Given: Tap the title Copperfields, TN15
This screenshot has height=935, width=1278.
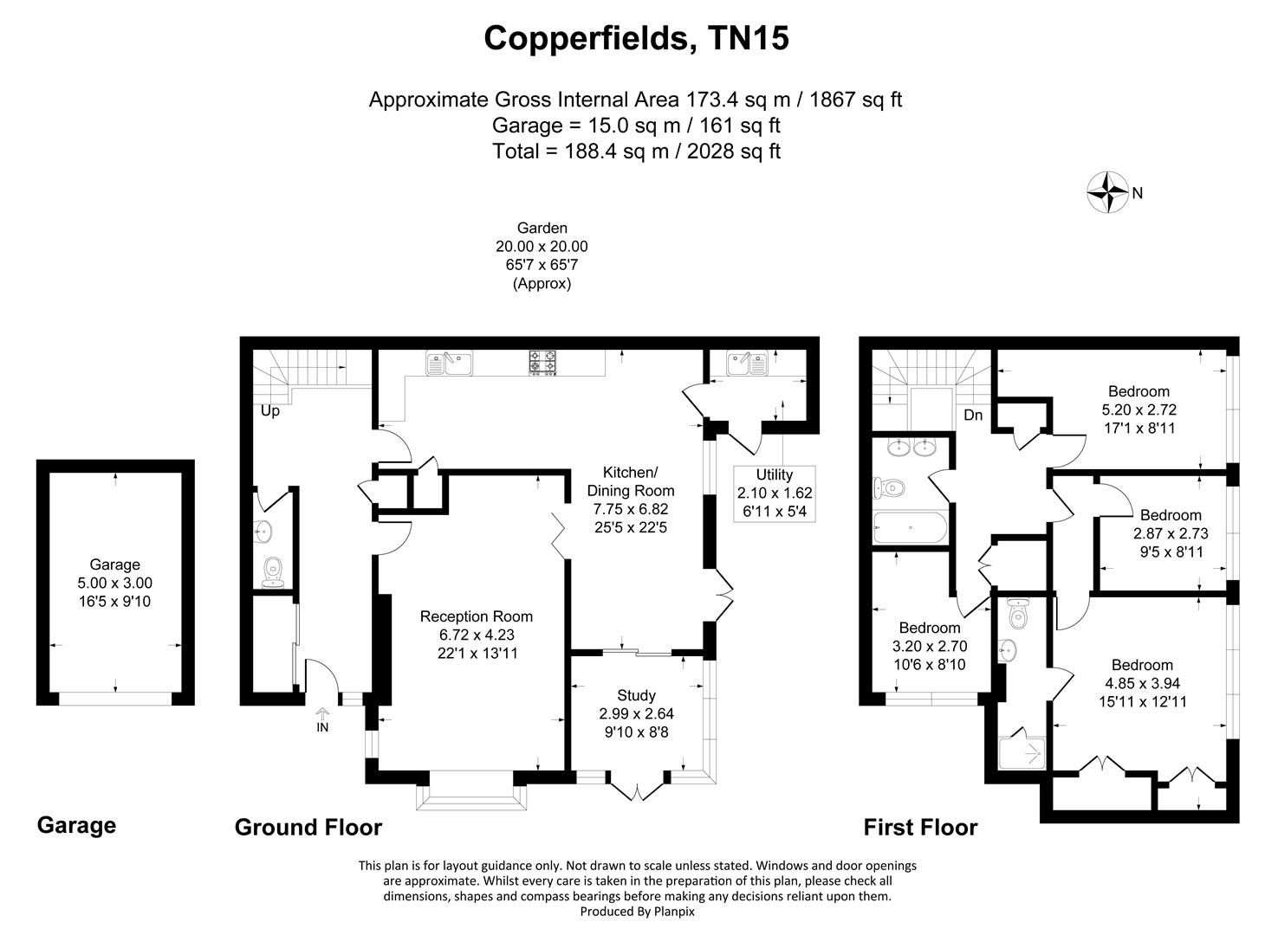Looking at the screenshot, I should [636, 38].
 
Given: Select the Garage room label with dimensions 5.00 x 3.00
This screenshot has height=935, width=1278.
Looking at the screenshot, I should [115, 583].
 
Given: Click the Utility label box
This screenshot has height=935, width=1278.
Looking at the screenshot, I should [774, 493].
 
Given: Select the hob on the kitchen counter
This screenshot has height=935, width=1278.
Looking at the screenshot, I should [543, 362].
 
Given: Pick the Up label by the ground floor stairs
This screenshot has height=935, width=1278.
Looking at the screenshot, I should [270, 411].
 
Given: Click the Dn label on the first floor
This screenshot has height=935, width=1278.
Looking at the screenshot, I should [973, 416].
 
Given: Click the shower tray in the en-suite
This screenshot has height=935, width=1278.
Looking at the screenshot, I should [1025, 754].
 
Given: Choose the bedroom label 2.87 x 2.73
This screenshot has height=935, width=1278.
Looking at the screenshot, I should [1170, 533].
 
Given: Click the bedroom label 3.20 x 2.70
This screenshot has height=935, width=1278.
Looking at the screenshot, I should [929, 646].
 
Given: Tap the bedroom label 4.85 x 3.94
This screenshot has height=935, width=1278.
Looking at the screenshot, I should [1142, 683].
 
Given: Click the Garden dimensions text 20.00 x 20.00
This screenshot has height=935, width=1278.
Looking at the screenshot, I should [542, 247].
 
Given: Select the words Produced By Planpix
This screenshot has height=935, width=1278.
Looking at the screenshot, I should [637, 911].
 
